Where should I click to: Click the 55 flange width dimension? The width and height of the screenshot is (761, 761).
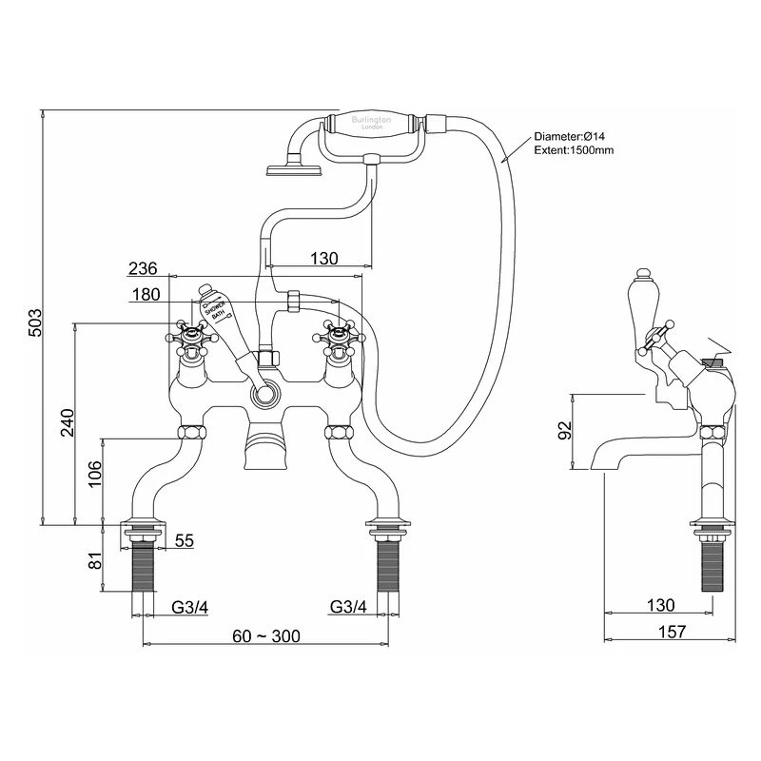(x=185, y=540)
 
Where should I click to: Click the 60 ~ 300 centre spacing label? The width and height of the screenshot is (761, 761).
(x=265, y=636)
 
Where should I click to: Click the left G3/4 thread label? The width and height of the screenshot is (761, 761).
(x=190, y=606)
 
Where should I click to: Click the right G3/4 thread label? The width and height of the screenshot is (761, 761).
(x=348, y=606)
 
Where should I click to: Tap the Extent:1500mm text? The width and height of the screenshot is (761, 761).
(x=574, y=150)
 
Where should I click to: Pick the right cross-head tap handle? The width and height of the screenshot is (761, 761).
(x=341, y=334)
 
